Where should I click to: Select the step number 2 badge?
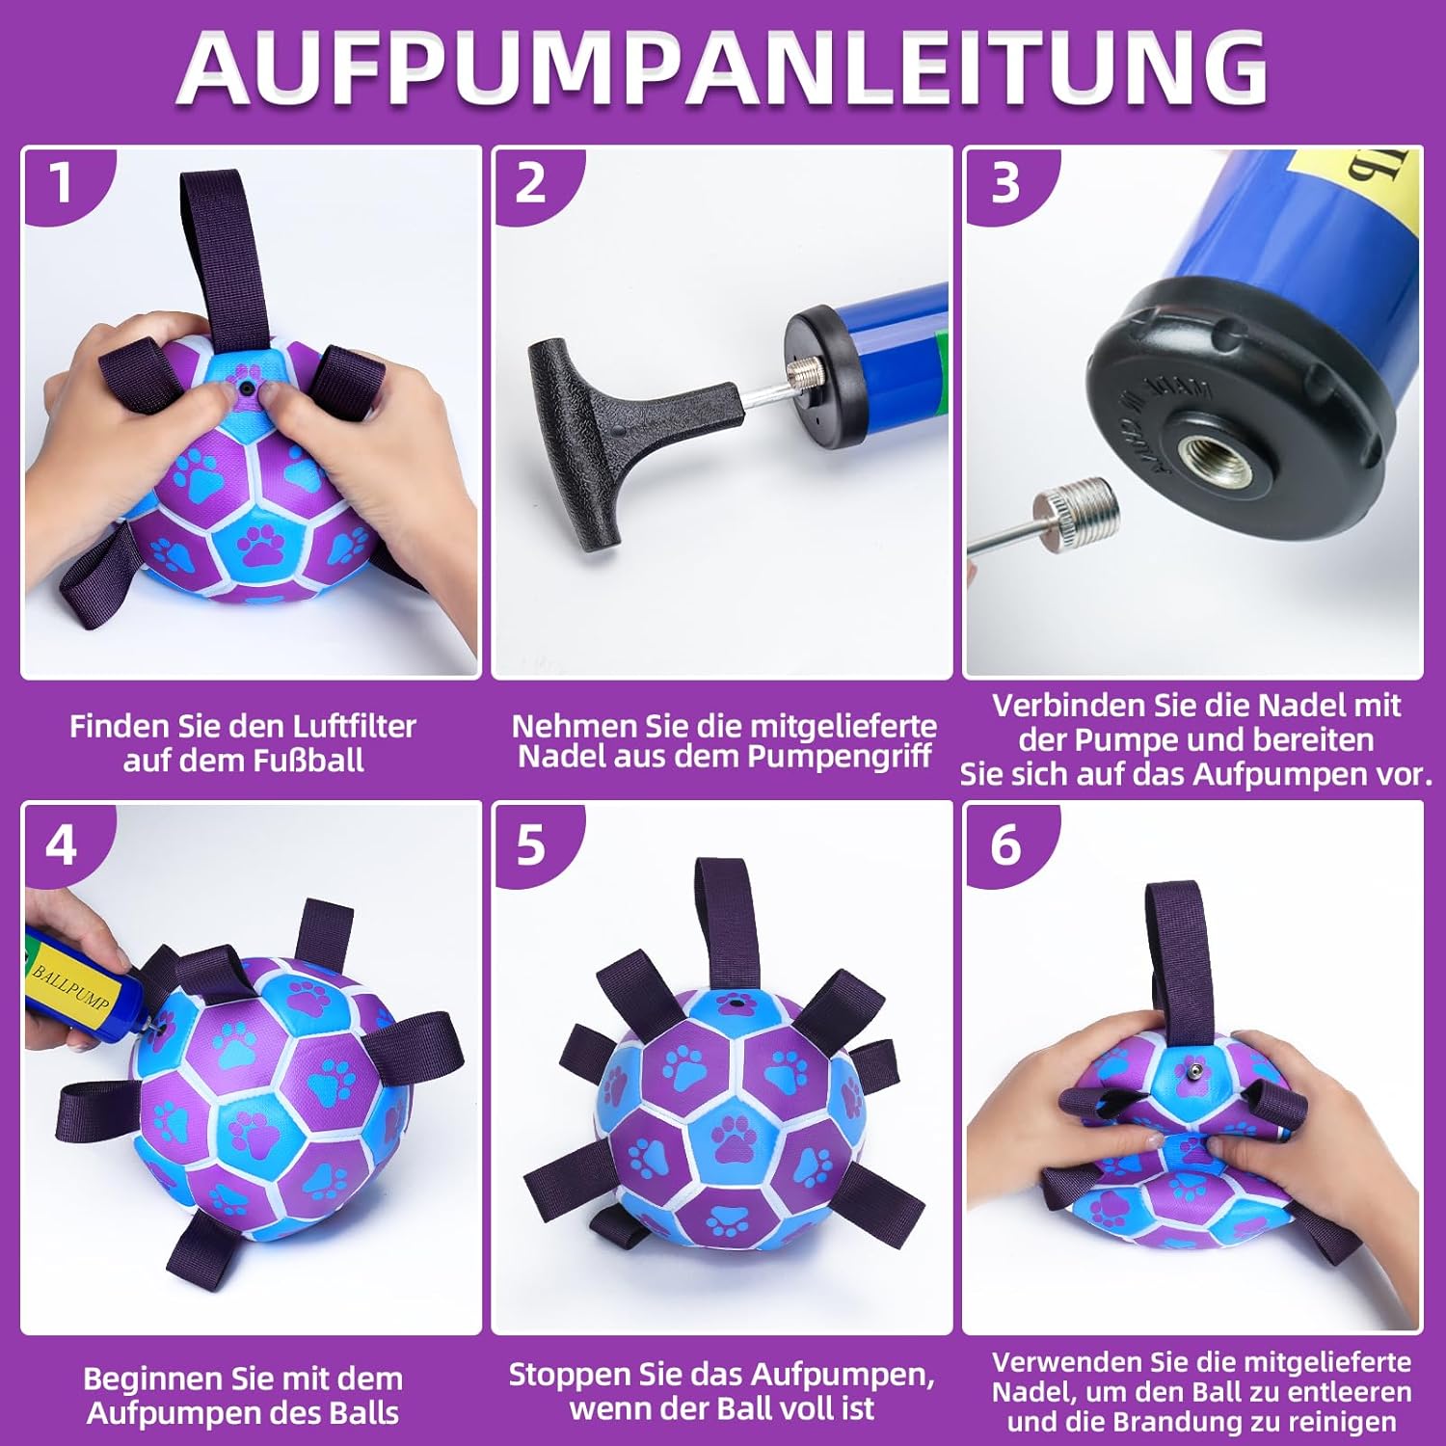(531, 182)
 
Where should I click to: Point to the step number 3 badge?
(1005, 182)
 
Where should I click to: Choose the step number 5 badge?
(531, 845)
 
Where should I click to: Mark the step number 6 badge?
(1005, 845)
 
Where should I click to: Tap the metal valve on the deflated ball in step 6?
(1193, 1071)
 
